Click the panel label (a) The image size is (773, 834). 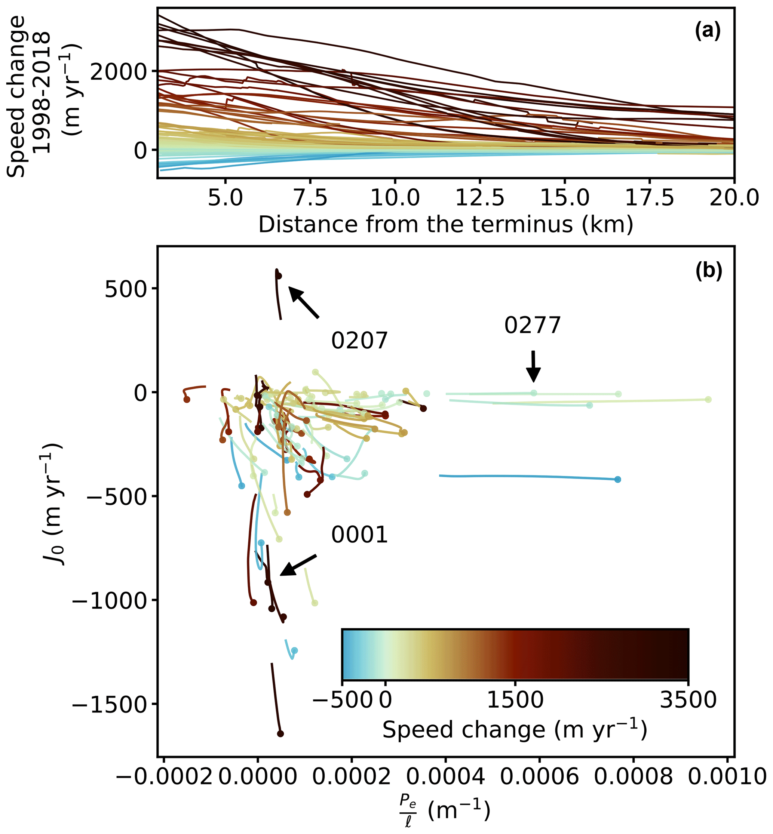click(x=708, y=31)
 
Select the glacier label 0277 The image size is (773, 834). click(x=532, y=325)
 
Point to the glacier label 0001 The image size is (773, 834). click(x=359, y=535)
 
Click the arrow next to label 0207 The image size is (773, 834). click(x=304, y=302)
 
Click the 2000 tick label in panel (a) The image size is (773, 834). click(x=117, y=72)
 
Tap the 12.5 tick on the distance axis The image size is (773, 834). click(x=480, y=197)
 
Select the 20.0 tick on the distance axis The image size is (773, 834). click(x=734, y=197)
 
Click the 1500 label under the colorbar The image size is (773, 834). click(x=515, y=699)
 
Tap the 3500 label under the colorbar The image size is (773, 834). click(x=688, y=699)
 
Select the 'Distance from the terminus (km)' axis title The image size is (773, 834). click(x=445, y=225)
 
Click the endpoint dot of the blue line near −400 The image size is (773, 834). click(x=617, y=480)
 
